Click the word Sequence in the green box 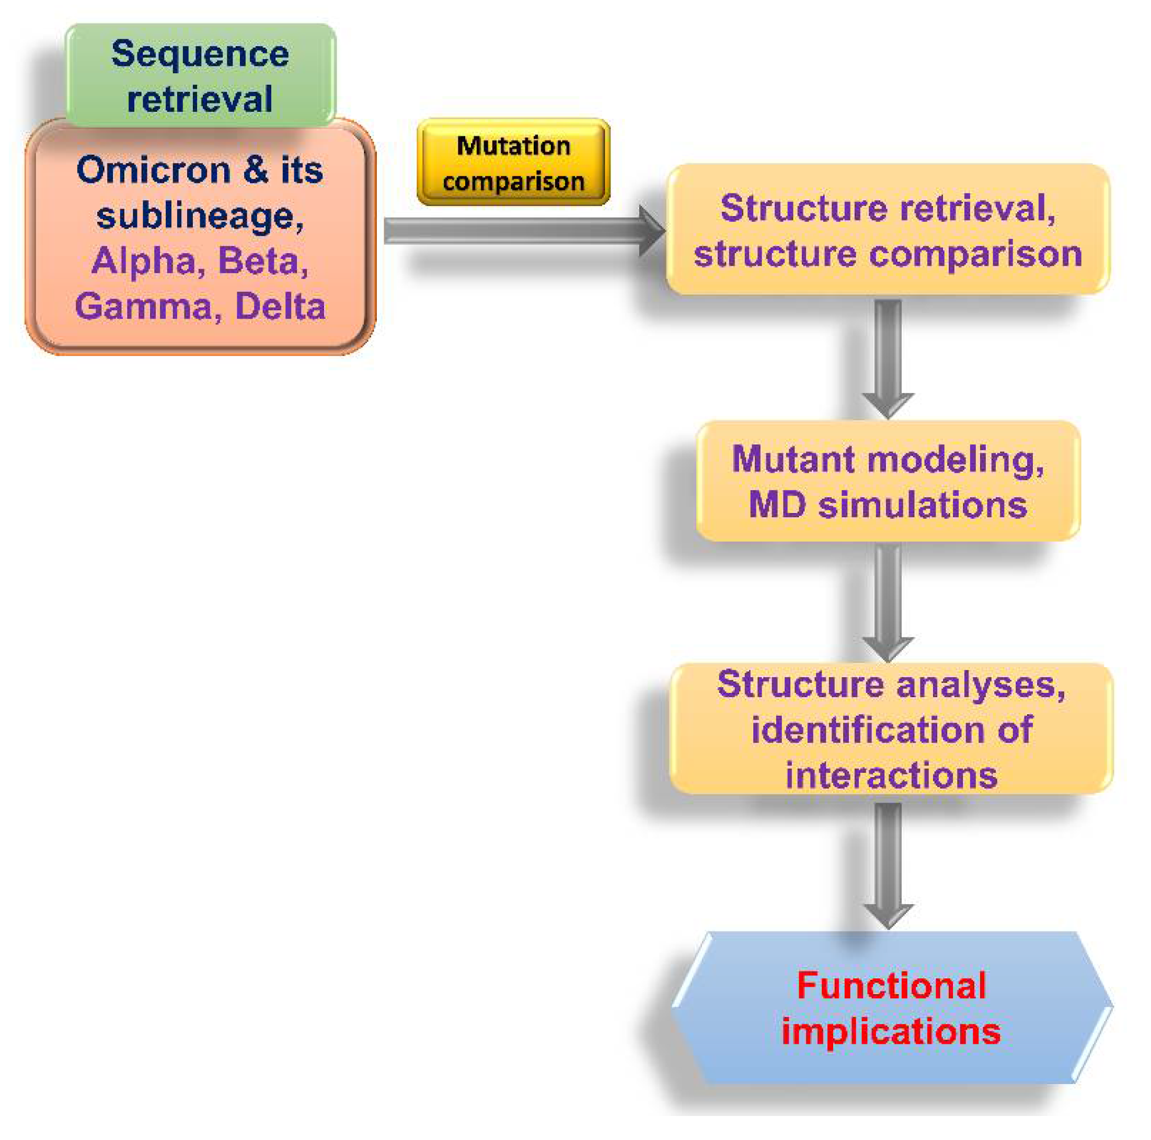coord(200,55)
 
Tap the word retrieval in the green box coord(200,99)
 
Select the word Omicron coord(154,170)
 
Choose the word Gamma coord(144,307)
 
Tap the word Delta coord(281,307)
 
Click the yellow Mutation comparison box coord(513,163)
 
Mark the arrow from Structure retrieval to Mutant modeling coord(888,358)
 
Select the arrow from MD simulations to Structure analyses coord(888,602)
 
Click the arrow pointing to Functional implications coord(889,864)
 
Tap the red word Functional coord(891,986)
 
